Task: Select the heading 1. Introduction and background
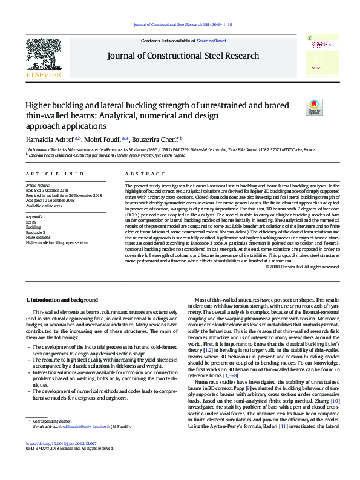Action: [x=62, y=300]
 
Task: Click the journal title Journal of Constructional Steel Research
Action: [x=183, y=56]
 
